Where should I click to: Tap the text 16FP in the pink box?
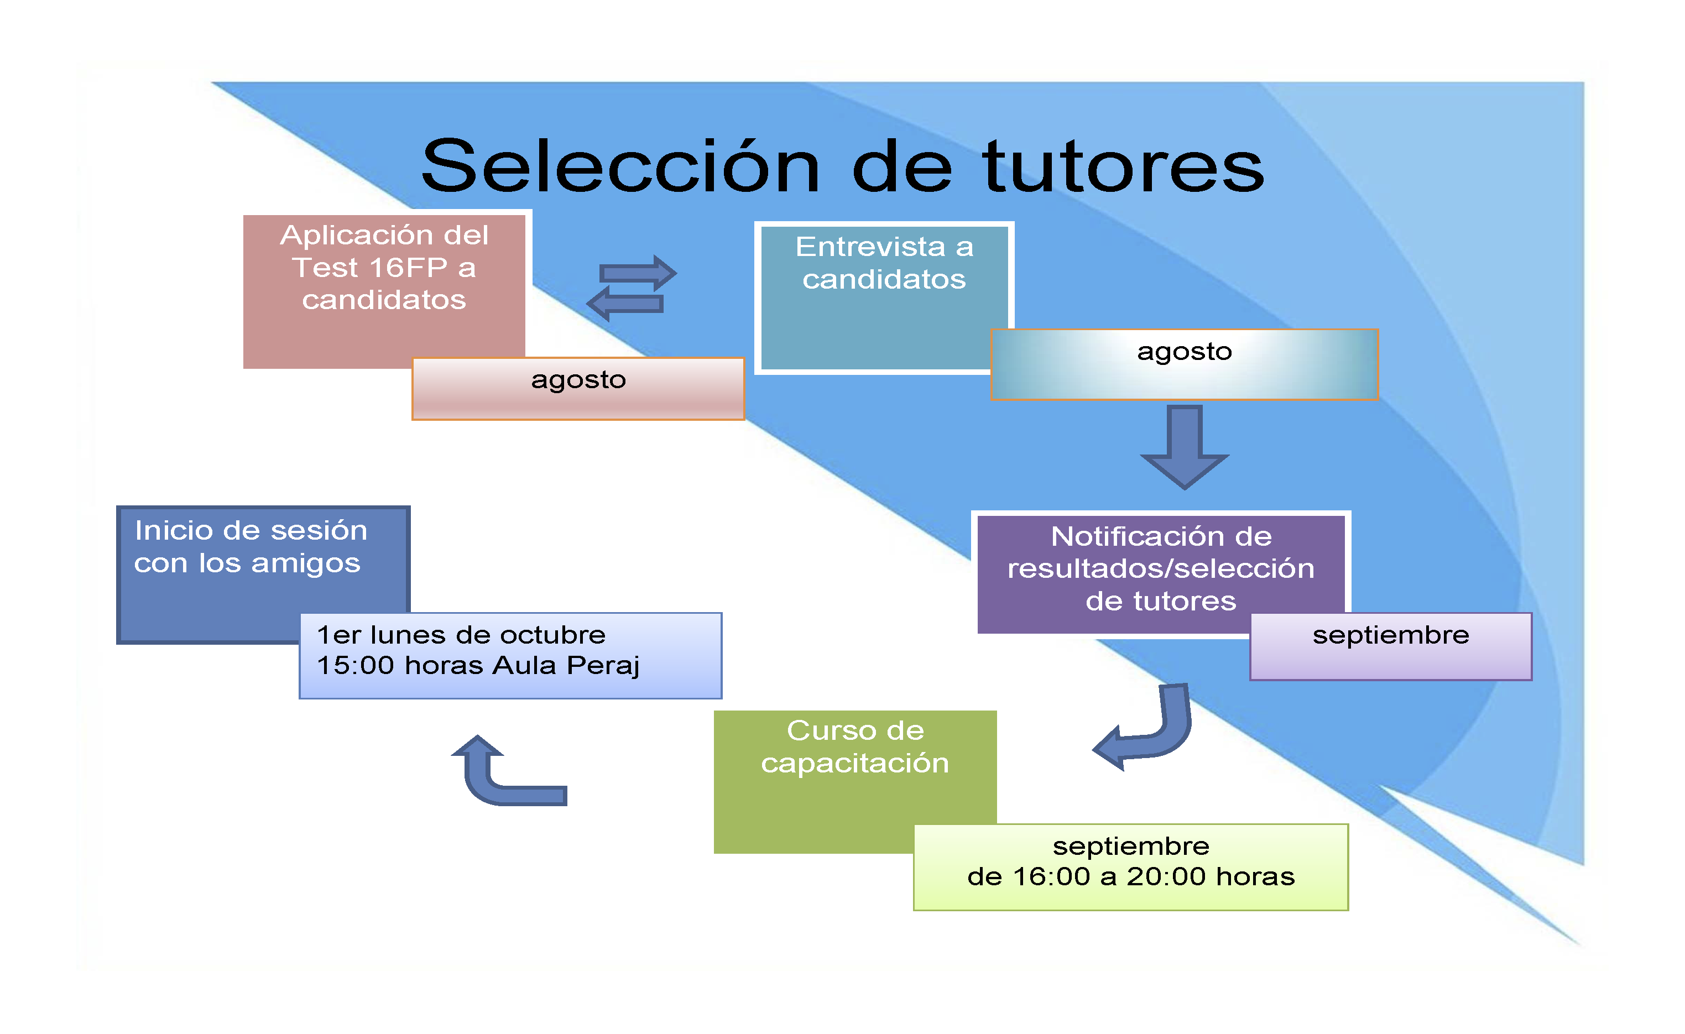click(x=408, y=268)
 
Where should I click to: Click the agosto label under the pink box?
click(x=578, y=380)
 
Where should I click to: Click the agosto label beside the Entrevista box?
click(x=1185, y=352)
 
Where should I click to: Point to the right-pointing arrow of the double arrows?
click(x=638, y=274)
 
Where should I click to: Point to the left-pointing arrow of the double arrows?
click(x=625, y=304)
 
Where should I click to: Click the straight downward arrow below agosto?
click(x=1185, y=447)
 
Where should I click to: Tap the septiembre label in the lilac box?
click(x=1391, y=636)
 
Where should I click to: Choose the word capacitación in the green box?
click(x=855, y=764)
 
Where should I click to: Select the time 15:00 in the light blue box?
click(x=356, y=665)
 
